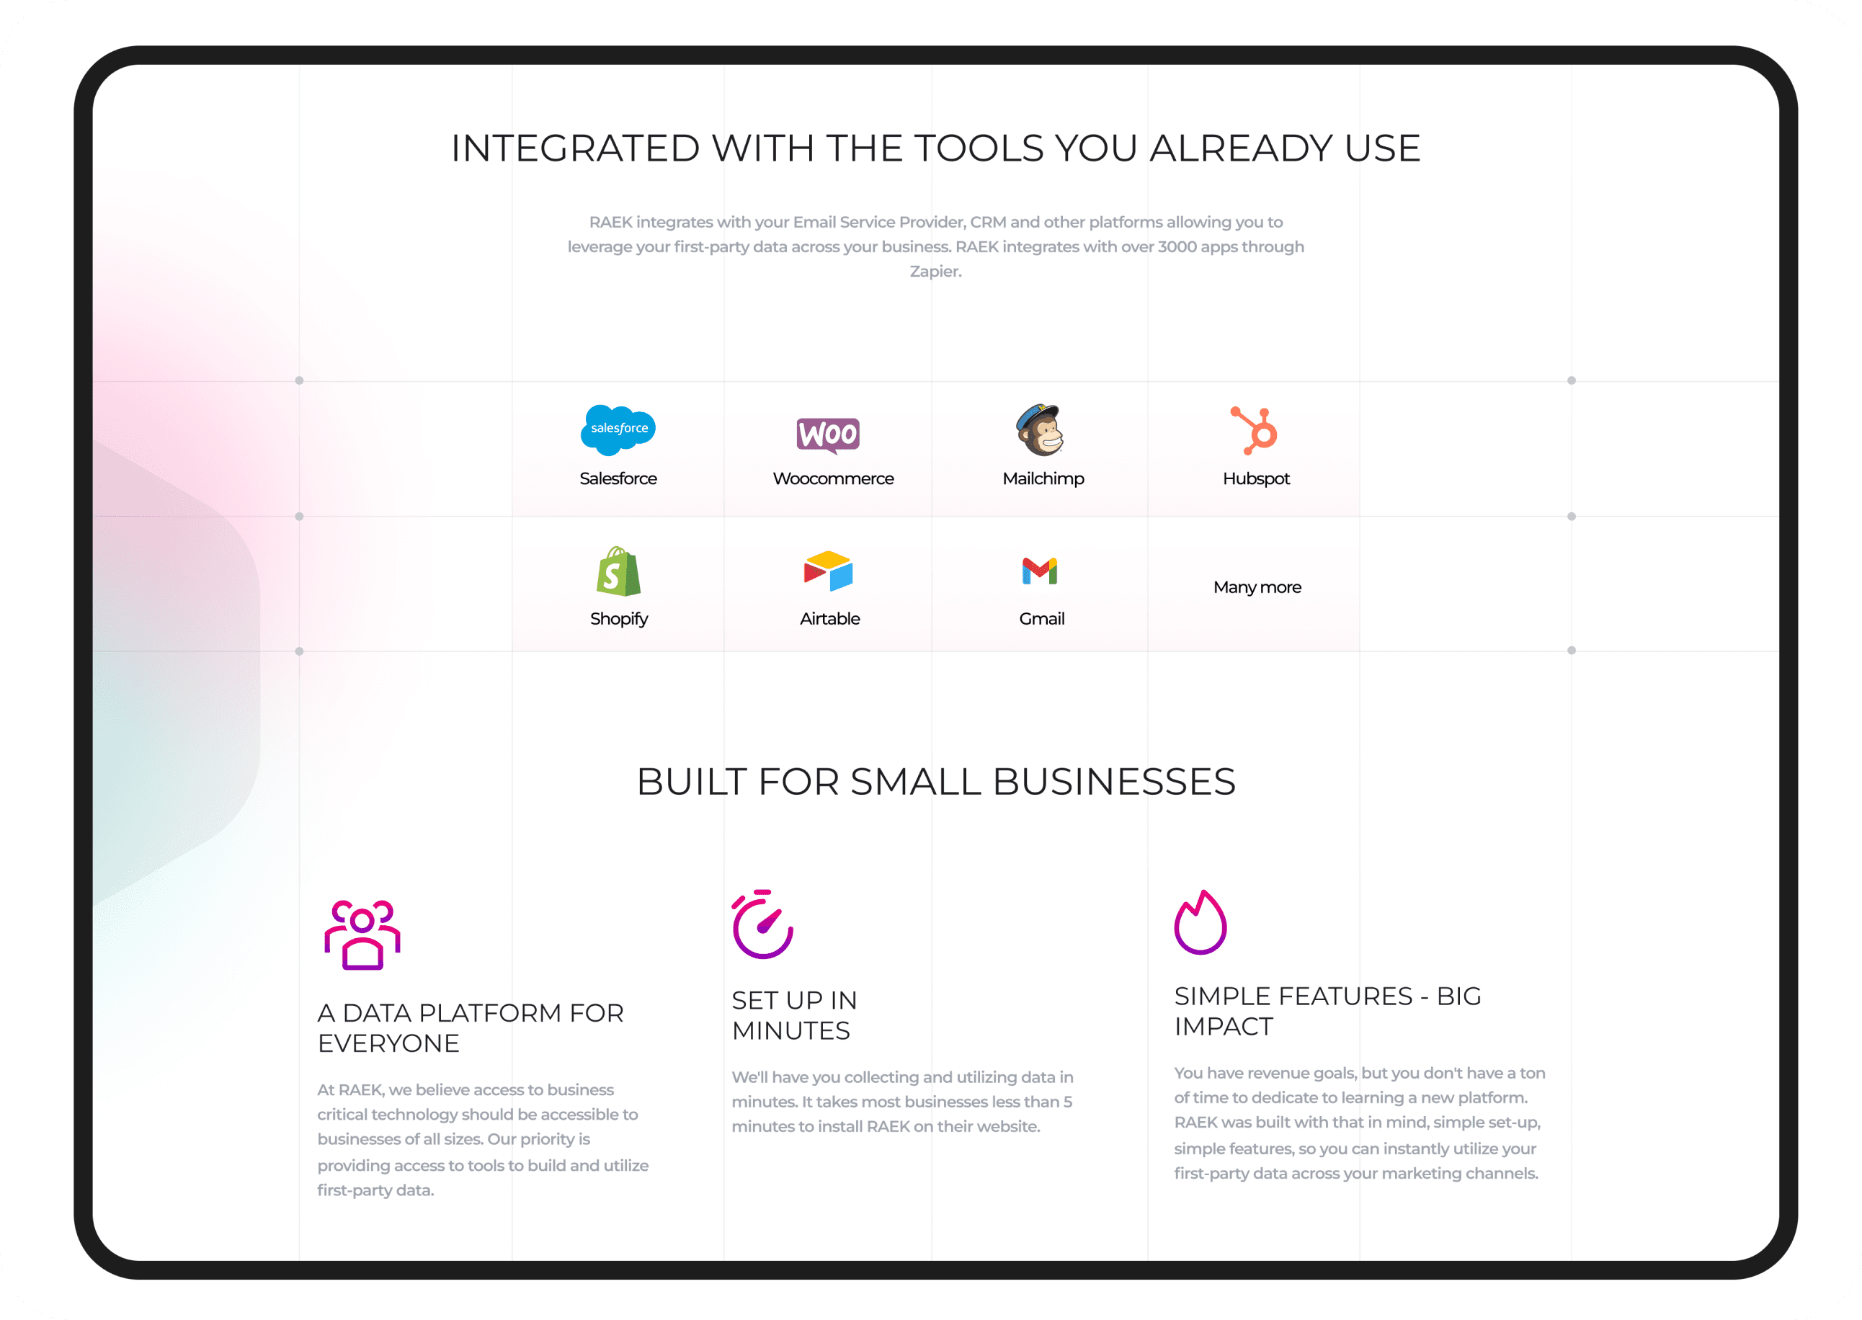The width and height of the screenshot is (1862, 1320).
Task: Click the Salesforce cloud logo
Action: [618, 429]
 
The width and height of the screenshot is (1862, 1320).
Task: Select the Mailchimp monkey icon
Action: [1041, 430]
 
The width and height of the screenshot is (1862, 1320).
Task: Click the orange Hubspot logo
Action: [1255, 430]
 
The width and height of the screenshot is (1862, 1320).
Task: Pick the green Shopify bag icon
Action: [618, 571]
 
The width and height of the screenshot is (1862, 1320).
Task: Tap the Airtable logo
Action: [828, 571]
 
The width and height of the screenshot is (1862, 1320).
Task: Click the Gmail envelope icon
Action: [1040, 571]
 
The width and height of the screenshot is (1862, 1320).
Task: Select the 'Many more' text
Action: [1257, 587]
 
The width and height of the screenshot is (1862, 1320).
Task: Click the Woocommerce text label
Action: [833, 478]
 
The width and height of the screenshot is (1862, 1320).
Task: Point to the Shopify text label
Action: [618, 618]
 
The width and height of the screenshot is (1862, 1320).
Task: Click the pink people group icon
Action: [362, 935]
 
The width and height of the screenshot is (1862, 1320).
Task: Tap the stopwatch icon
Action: [762, 925]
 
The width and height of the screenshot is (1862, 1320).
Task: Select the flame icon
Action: [1200, 923]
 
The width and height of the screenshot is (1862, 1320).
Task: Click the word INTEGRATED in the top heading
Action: [576, 148]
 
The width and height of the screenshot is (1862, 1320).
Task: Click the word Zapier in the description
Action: [935, 272]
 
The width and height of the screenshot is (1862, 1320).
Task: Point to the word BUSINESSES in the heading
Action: [1113, 782]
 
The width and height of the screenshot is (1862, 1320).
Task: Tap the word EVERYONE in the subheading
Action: [388, 1043]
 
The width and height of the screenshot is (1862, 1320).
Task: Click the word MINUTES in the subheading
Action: [790, 1030]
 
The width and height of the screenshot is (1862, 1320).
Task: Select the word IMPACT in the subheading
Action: [1223, 1027]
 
